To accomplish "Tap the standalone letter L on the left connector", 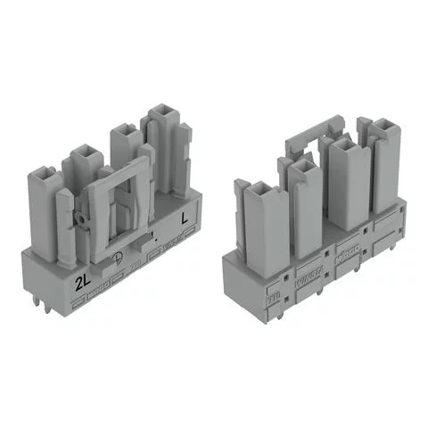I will click(185, 217).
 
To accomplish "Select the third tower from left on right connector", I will click(346, 144).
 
